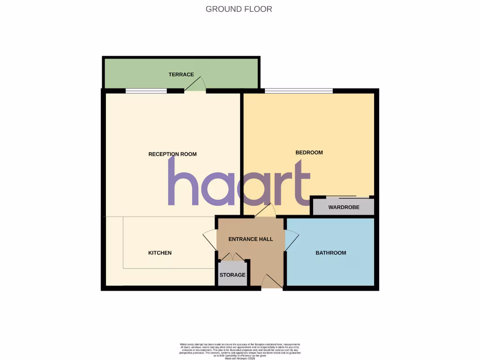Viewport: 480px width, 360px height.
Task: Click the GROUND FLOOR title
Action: coord(239,9)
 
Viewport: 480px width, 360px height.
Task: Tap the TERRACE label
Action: coord(181,75)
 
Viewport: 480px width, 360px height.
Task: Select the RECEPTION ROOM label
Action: coord(172,154)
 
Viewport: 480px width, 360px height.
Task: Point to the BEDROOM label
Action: coord(309,152)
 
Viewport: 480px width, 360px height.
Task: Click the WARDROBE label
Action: coord(344,207)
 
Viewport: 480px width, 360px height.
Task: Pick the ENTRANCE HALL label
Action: coord(250,239)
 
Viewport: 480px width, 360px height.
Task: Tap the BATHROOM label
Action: coord(330,253)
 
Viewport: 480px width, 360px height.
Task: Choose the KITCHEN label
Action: coord(160,253)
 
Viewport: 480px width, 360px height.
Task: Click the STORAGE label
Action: coord(232,275)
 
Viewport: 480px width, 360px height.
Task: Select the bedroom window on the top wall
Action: coord(299,90)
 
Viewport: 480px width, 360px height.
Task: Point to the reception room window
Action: coord(146,90)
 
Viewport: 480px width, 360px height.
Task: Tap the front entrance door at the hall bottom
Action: coord(271,281)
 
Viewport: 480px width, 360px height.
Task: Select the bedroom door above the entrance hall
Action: coord(266,210)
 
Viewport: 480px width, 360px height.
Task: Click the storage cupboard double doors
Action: coord(232,256)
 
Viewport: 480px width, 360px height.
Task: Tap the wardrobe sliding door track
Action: coord(341,196)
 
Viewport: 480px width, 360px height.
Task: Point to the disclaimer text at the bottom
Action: coord(240,351)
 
